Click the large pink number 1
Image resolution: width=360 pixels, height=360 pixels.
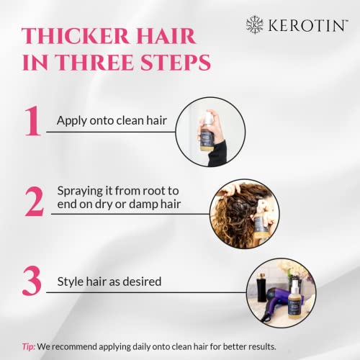(x=31, y=123)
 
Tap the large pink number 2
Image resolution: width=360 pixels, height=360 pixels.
(x=34, y=203)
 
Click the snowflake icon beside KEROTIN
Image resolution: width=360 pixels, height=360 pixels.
(x=254, y=24)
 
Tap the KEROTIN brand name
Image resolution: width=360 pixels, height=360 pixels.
(x=305, y=24)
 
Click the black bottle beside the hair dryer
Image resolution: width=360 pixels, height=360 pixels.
(x=259, y=292)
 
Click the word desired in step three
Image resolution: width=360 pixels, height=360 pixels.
(x=140, y=281)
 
